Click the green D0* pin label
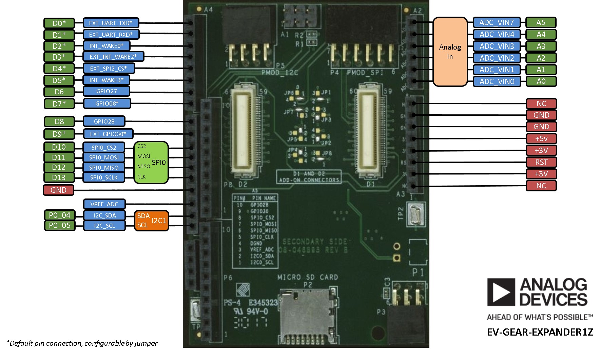point(59,23)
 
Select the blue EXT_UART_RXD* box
point(111,35)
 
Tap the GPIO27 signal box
point(106,91)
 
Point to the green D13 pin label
point(59,177)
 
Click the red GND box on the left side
point(58,190)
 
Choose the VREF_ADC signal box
point(104,204)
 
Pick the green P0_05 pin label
point(59,225)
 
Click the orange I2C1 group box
point(151,221)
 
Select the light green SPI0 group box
point(151,163)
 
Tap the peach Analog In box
point(450,52)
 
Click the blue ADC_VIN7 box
point(497,22)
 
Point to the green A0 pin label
point(541,81)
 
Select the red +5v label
point(541,138)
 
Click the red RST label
point(541,162)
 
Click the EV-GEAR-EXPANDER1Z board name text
point(540,332)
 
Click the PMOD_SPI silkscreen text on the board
point(365,73)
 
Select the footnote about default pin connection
point(82,343)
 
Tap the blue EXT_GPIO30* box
point(108,134)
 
